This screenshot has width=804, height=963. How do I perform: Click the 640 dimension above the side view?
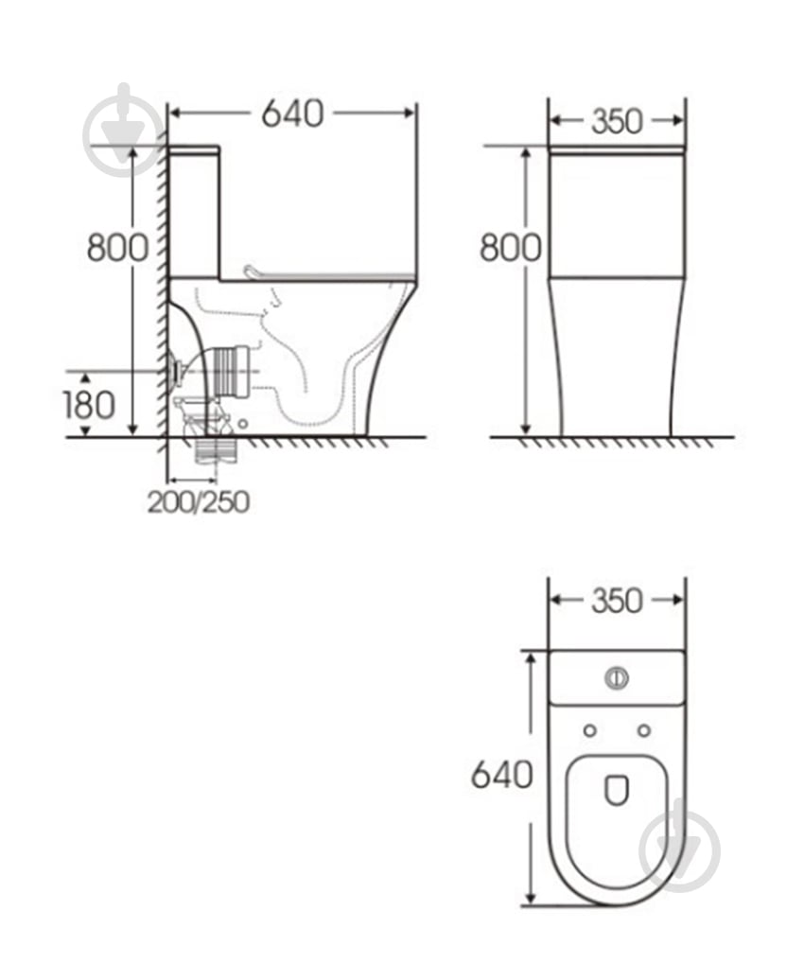[292, 114]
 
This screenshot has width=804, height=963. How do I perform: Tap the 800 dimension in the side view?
[117, 247]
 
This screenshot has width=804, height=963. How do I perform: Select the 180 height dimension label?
[89, 405]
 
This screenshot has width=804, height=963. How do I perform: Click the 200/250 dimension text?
[199, 502]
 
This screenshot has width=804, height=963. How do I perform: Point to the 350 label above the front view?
[617, 121]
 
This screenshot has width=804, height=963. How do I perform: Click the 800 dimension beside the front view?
[510, 247]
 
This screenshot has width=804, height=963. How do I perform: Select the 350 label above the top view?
[617, 601]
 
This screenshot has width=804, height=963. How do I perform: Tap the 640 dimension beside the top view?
[501, 775]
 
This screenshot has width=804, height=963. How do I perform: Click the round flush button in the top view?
[616, 677]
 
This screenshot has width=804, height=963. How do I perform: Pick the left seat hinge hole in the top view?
[589, 730]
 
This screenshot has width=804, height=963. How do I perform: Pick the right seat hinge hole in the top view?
[644, 730]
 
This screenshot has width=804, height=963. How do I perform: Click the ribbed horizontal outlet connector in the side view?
[232, 370]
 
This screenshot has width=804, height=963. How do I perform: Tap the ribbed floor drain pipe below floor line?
[215, 450]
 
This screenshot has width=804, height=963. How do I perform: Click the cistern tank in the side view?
[195, 213]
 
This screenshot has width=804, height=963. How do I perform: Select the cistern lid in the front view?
[617, 150]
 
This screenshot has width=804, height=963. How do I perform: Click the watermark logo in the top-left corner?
[123, 132]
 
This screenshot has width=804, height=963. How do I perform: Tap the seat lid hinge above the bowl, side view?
[253, 273]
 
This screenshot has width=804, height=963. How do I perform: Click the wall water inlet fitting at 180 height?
[175, 370]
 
